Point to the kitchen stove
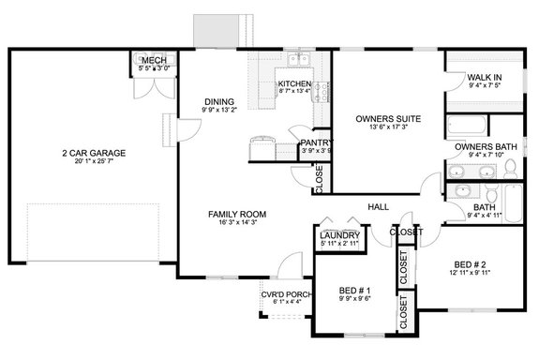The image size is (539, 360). click(322, 92)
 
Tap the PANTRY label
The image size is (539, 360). click(313, 142)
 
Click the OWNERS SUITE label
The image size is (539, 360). click(387, 119)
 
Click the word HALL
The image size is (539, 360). click(379, 206)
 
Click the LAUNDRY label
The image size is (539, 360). click(337, 235)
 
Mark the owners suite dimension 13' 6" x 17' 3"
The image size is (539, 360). click(387, 129)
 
